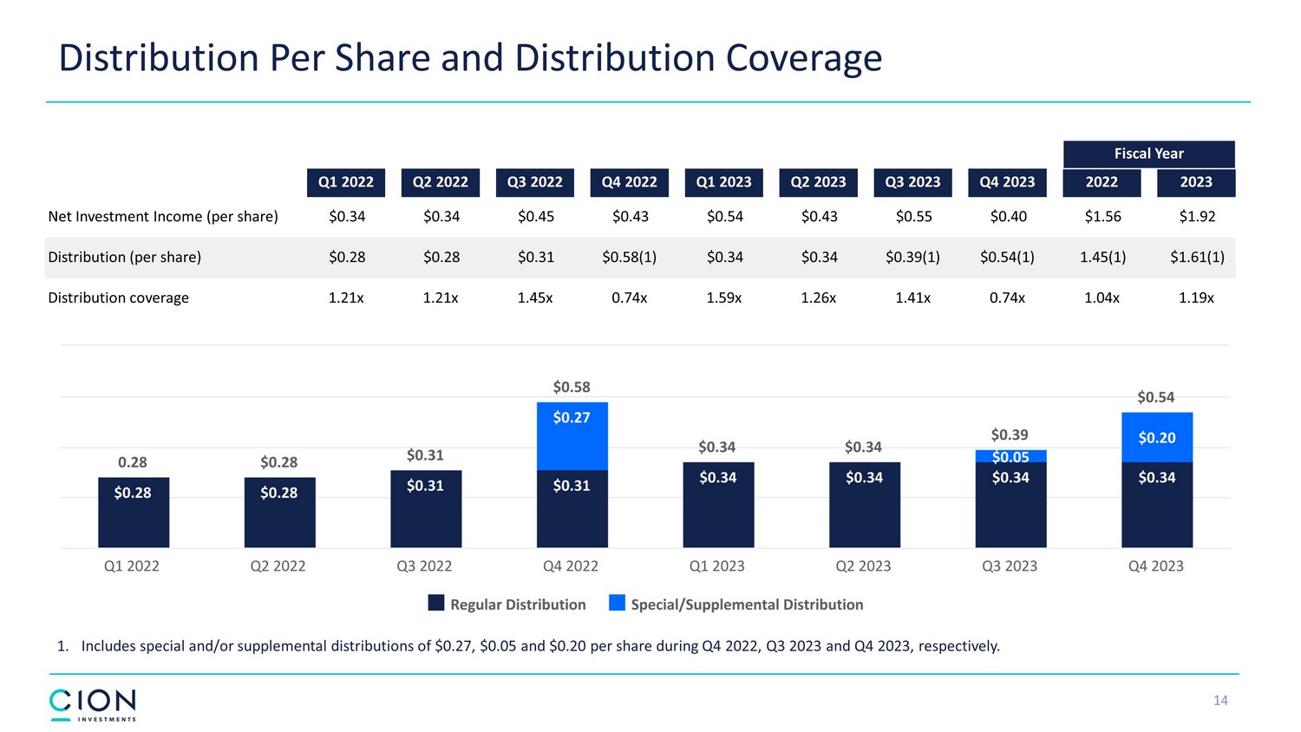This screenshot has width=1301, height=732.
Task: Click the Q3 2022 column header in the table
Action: pos(534,182)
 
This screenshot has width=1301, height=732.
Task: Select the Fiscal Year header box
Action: pos(1148,154)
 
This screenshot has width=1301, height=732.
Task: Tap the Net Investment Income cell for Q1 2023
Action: pos(724,217)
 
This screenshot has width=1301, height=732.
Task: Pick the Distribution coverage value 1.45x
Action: pos(534,297)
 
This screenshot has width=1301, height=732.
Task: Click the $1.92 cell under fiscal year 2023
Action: pos(1196,217)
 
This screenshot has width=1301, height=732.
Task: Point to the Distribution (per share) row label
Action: pos(124,258)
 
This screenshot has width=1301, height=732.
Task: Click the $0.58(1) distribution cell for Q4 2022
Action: pos(629,258)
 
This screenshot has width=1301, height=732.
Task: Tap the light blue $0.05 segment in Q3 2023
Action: pos(1010,456)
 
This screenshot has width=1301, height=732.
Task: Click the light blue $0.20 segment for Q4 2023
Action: pos(1156,437)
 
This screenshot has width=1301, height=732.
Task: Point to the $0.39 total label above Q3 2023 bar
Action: pos(1010,435)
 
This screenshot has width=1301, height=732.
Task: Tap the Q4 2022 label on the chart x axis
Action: pos(571,566)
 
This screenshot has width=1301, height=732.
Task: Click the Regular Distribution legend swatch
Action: pos(436,604)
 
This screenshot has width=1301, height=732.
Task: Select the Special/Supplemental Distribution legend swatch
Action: pos(617,604)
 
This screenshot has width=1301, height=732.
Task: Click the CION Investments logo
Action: pos(93,704)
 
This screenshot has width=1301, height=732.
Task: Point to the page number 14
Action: pos(1220,701)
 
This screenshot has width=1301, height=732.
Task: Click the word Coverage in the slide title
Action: pos(803,58)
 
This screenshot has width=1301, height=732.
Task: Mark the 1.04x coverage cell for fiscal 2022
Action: pos(1102,297)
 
